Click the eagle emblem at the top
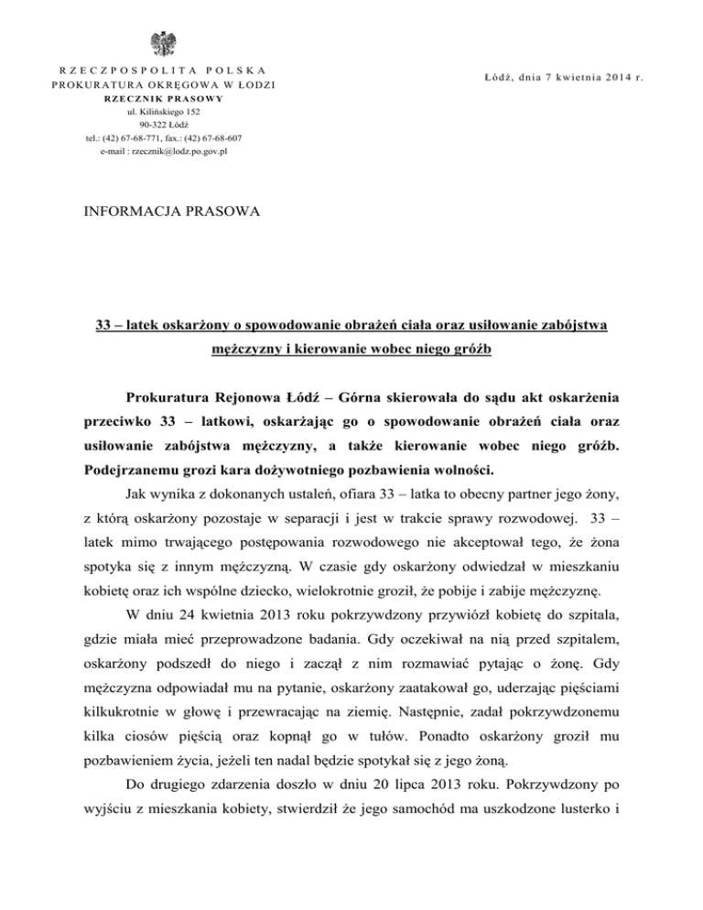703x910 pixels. coord(168,44)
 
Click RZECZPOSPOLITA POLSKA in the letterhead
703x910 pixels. coord(168,70)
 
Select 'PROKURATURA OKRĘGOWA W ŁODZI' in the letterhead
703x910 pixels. coord(168,85)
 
